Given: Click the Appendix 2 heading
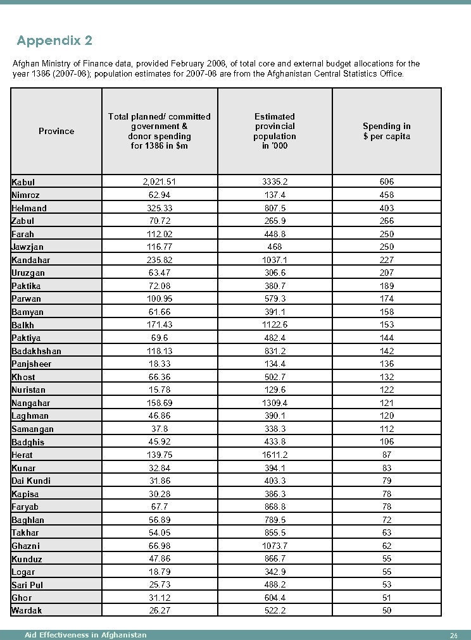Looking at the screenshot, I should click(54, 41).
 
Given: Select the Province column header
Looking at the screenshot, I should click(56, 131).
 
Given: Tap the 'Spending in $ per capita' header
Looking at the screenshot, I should click(386, 131).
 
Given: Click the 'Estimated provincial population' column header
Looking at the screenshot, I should click(275, 131).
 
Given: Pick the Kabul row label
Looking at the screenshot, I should click(23, 182).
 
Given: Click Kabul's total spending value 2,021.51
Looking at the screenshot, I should click(160, 182).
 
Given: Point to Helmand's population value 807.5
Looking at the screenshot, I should click(275, 208).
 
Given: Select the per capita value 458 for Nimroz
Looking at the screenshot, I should click(386, 195).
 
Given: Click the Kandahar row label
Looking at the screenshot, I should click(30, 260).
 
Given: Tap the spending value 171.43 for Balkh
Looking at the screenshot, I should click(160, 325).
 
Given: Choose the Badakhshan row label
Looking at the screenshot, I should click(36, 351).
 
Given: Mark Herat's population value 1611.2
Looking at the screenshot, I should click(275, 455).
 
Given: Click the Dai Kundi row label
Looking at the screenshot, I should click(31, 481).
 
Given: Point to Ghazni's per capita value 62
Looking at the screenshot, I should click(386, 546).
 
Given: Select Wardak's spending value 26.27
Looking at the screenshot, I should click(160, 610).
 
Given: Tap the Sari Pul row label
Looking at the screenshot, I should click(27, 585).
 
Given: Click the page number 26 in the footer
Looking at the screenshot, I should click(453, 636).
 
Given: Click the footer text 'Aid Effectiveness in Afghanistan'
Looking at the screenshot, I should click(85, 635).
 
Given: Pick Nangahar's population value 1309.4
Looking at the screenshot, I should click(275, 403).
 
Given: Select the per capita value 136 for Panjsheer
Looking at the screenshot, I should click(386, 364).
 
